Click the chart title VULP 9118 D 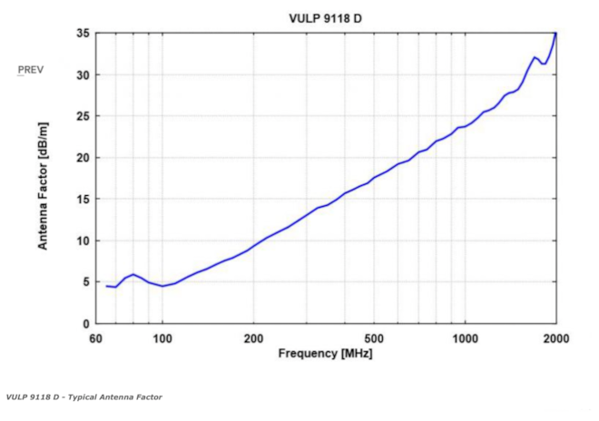click(326, 18)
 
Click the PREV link click(31, 70)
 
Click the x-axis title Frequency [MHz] click(325, 353)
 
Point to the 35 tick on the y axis click(82, 34)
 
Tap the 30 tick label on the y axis click(82, 74)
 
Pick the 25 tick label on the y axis click(82, 116)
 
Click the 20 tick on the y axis click(82, 158)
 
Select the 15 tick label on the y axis click(82, 199)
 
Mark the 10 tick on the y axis click(82, 240)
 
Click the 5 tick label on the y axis click(84, 282)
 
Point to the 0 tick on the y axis click(84, 324)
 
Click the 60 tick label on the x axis click(96, 338)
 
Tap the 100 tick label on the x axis click(162, 338)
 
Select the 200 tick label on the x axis click(253, 338)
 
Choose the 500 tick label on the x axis click(374, 338)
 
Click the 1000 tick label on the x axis click(465, 338)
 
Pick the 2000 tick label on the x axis click(555, 338)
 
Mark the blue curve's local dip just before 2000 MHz click(545, 64)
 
